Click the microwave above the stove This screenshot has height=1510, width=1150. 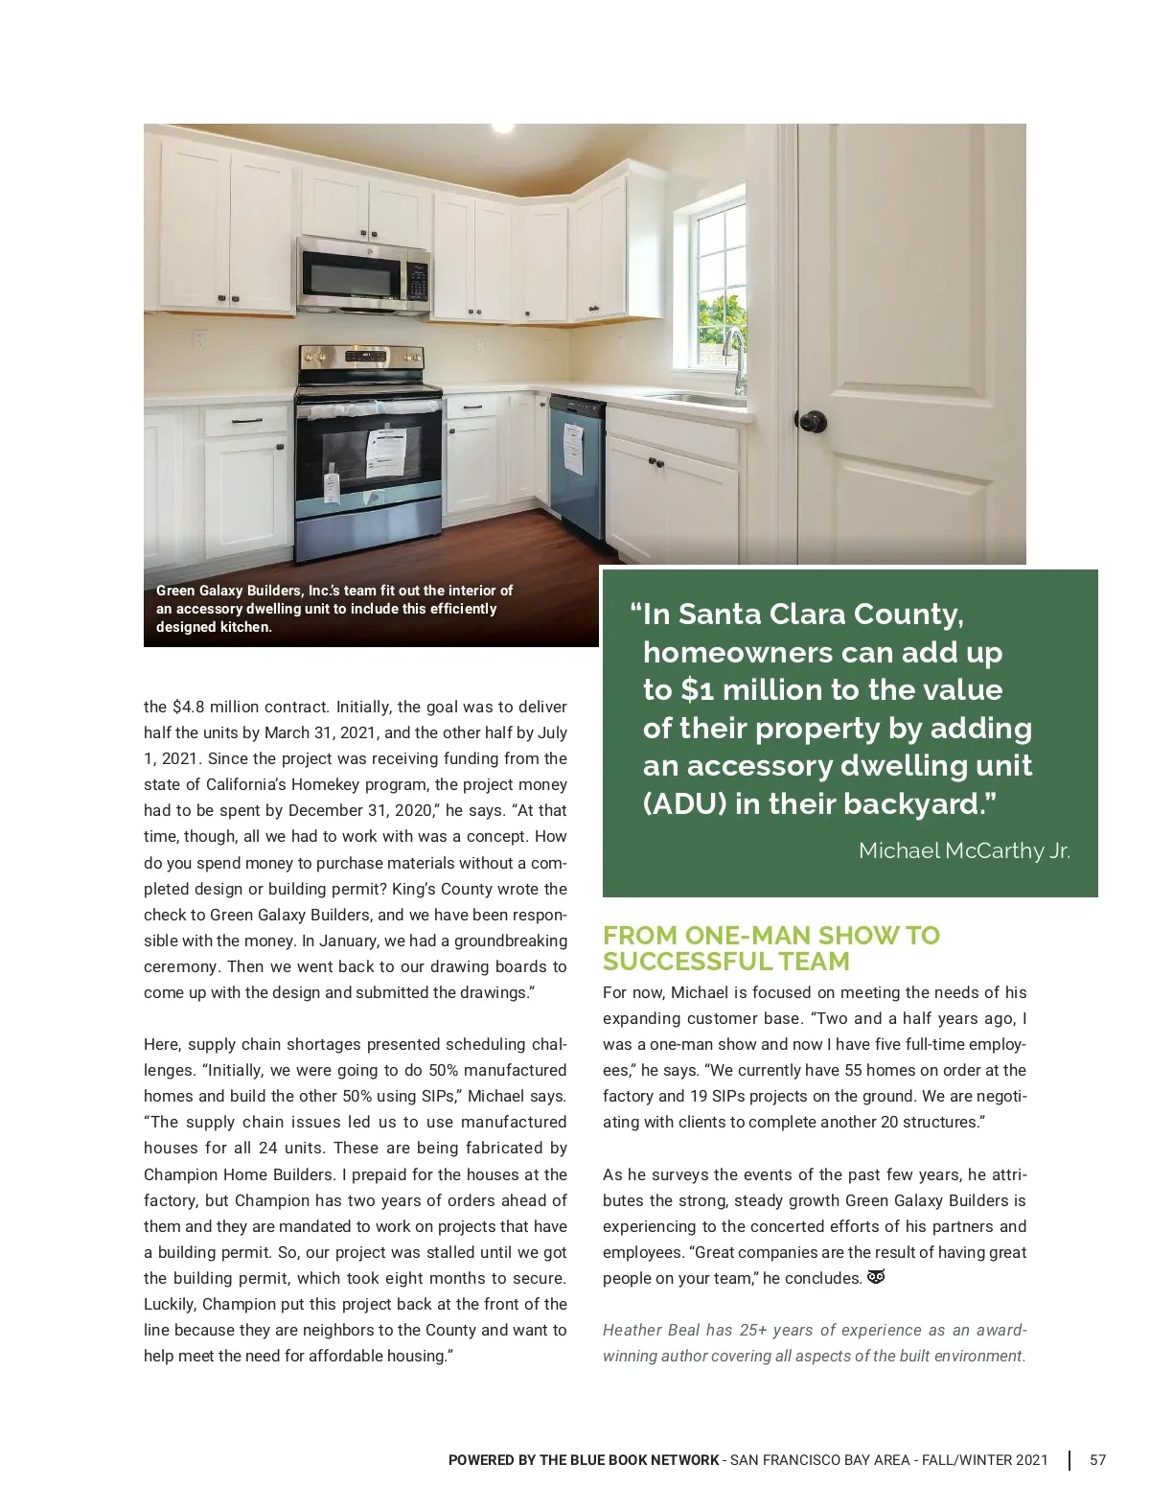[363, 275]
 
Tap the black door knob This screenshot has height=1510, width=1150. [811, 421]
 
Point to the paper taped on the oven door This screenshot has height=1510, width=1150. [385, 453]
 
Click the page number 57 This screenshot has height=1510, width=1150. [1097, 1460]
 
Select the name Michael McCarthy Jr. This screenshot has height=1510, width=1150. [964, 850]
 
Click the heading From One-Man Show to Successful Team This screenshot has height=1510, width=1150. [770, 948]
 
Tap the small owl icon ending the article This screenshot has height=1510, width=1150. [875, 1277]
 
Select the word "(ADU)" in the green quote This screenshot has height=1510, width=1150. [684, 803]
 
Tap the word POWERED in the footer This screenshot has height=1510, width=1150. [480, 1460]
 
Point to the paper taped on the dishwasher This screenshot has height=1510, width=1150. [574, 448]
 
